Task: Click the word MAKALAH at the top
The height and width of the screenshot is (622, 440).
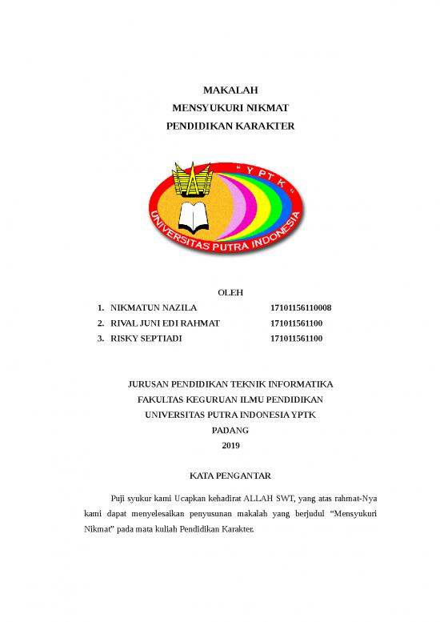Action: click(x=219, y=90)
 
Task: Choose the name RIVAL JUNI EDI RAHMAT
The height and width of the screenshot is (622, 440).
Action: click(x=165, y=323)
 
